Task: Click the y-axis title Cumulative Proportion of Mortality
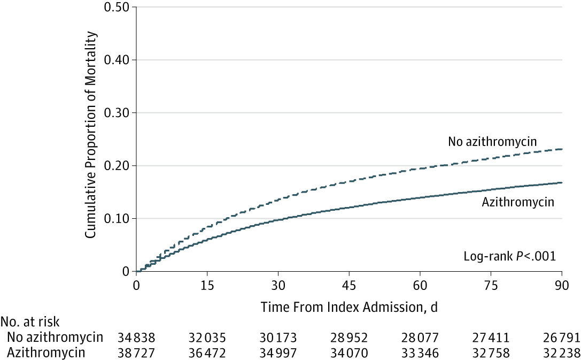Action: coord(92,135)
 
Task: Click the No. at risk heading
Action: coord(30,323)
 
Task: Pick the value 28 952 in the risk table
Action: coord(348,338)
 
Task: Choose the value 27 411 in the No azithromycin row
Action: coord(490,338)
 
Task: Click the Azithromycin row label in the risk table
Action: coord(47,353)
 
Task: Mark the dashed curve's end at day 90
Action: coord(561,149)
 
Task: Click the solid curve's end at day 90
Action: coord(561,182)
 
